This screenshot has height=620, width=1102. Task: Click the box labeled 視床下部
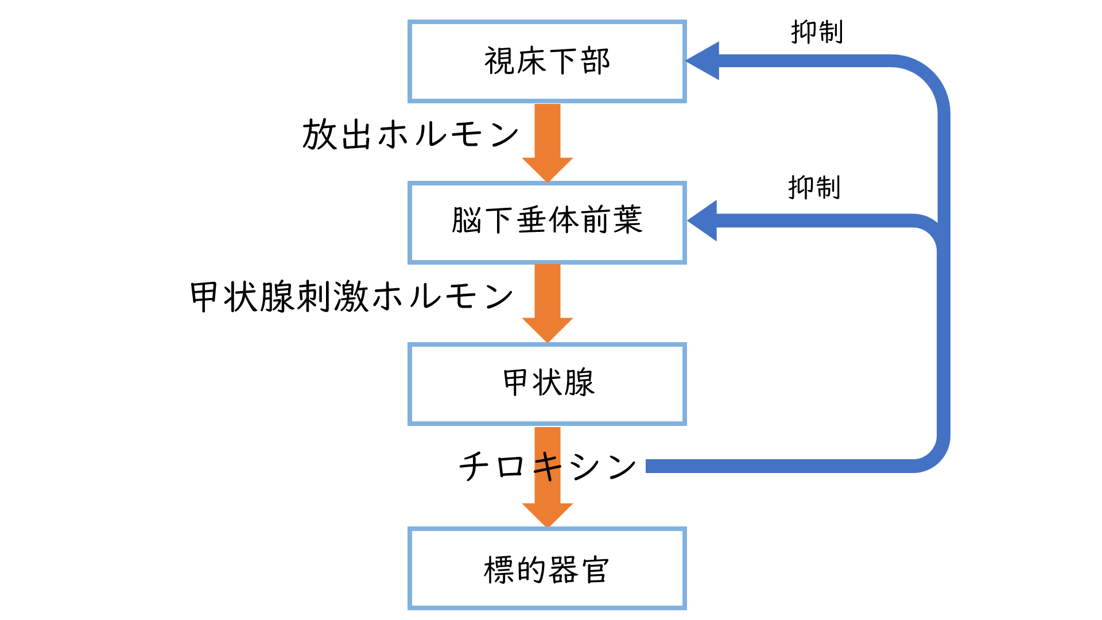547,61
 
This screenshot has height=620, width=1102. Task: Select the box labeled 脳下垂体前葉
547,222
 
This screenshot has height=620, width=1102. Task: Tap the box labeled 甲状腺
547,383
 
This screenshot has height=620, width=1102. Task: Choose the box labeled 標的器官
547,568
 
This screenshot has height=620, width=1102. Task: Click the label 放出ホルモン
410,135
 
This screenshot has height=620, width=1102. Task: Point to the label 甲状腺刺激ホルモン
351,297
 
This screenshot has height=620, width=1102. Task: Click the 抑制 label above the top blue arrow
817,32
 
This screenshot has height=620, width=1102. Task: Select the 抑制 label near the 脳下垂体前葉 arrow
814,188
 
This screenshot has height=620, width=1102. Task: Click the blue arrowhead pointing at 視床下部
704,60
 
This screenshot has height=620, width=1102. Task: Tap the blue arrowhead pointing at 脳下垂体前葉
703,220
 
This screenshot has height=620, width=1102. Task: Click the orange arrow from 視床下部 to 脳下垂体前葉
547,141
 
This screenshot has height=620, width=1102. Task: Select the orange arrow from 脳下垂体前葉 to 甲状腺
547,301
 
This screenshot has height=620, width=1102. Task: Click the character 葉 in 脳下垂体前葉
627,220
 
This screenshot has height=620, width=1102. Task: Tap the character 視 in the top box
499,61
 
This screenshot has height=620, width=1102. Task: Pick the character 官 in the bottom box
595,569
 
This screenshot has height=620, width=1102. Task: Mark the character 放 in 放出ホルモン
319,135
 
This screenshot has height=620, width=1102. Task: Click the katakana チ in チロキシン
474,466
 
